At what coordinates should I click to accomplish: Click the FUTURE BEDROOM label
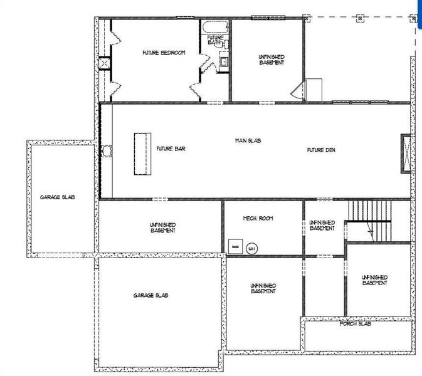pyautogui.click(x=164, y=53)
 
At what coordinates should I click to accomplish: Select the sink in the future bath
pyautogui.click(x=223, y=61)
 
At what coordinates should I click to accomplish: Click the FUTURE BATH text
pyautogui.click(x=215, y=40)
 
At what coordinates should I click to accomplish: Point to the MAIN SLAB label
pyautogui.click(x=248, y=140)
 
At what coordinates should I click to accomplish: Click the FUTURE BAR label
pyautogui.click(x=171, y=149)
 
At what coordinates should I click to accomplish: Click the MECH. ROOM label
pyautogui.click(x=258, y=218)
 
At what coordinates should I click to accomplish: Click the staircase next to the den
pyautogui.click(x=370, y=220)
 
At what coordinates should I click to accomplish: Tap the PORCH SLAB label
pyautogui.click(x=356, y=324)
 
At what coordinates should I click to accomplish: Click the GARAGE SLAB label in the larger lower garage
pyautogui.click(x=150, y=295)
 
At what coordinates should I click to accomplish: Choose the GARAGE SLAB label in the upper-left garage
pyautogui.click(x=58, y=197)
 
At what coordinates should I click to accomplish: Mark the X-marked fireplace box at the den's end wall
pyautogui.click(x=405, y=154)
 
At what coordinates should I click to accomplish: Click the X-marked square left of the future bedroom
pyautogui.click(x=104, y=63)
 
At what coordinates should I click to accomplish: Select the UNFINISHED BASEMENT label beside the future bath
pyautogui.click(x=272, y=60)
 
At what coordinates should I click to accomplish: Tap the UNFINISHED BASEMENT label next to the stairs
pyautogui.click(x=322, y=226)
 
